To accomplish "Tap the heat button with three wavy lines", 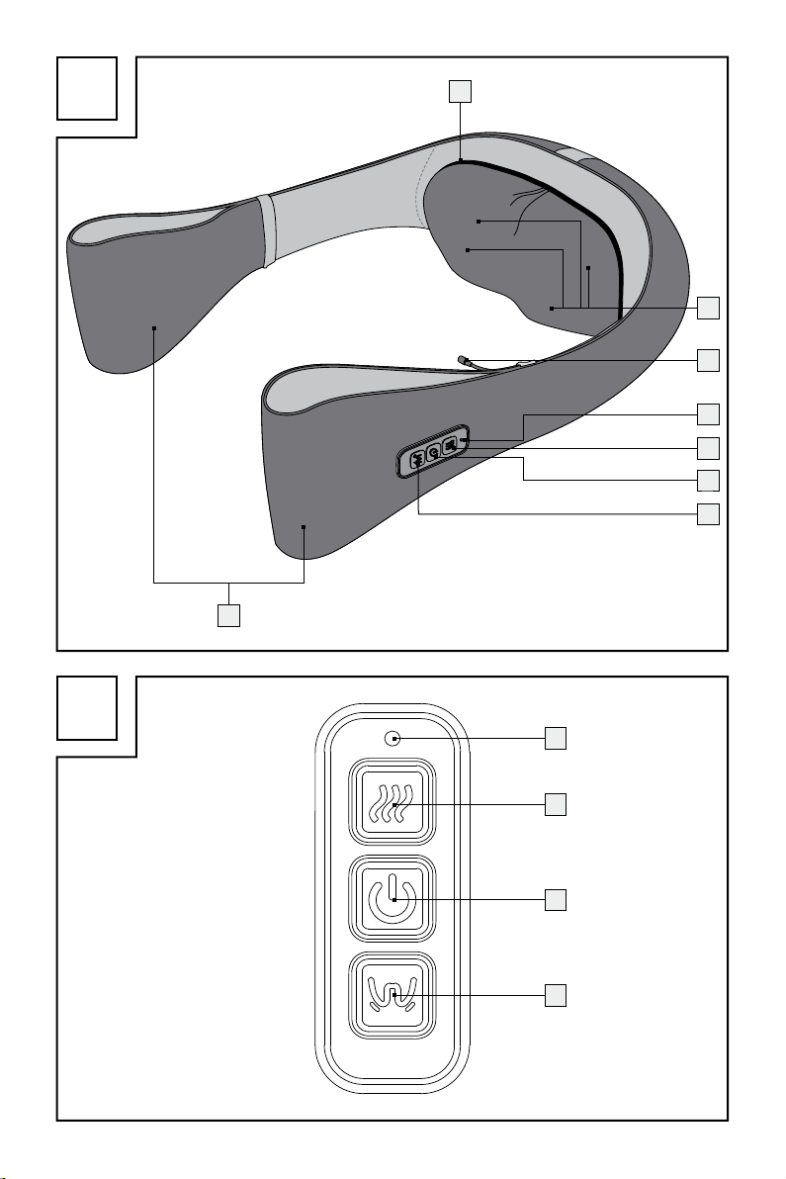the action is [x=393, y=805].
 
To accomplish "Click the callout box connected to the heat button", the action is [x=558, y=804].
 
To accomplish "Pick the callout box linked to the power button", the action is [x=558, y=899].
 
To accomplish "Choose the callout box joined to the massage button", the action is [x=558, y=994].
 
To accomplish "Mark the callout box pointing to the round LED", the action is [x=558, y=737].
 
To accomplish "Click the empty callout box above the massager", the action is [x=460, y=92].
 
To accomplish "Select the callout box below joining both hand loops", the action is [x=229, y=615].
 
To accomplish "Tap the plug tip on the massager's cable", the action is [x=464, y=360].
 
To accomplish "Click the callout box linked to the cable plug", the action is [x=708, y=360].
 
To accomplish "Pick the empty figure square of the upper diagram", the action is [x=87, y=87].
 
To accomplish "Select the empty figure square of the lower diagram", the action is [x=87, y=708].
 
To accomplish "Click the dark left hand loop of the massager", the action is [x=148, y=297].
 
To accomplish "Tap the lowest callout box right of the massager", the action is [x=708, y=514].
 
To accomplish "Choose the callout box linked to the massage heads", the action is [x=708, y=308].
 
